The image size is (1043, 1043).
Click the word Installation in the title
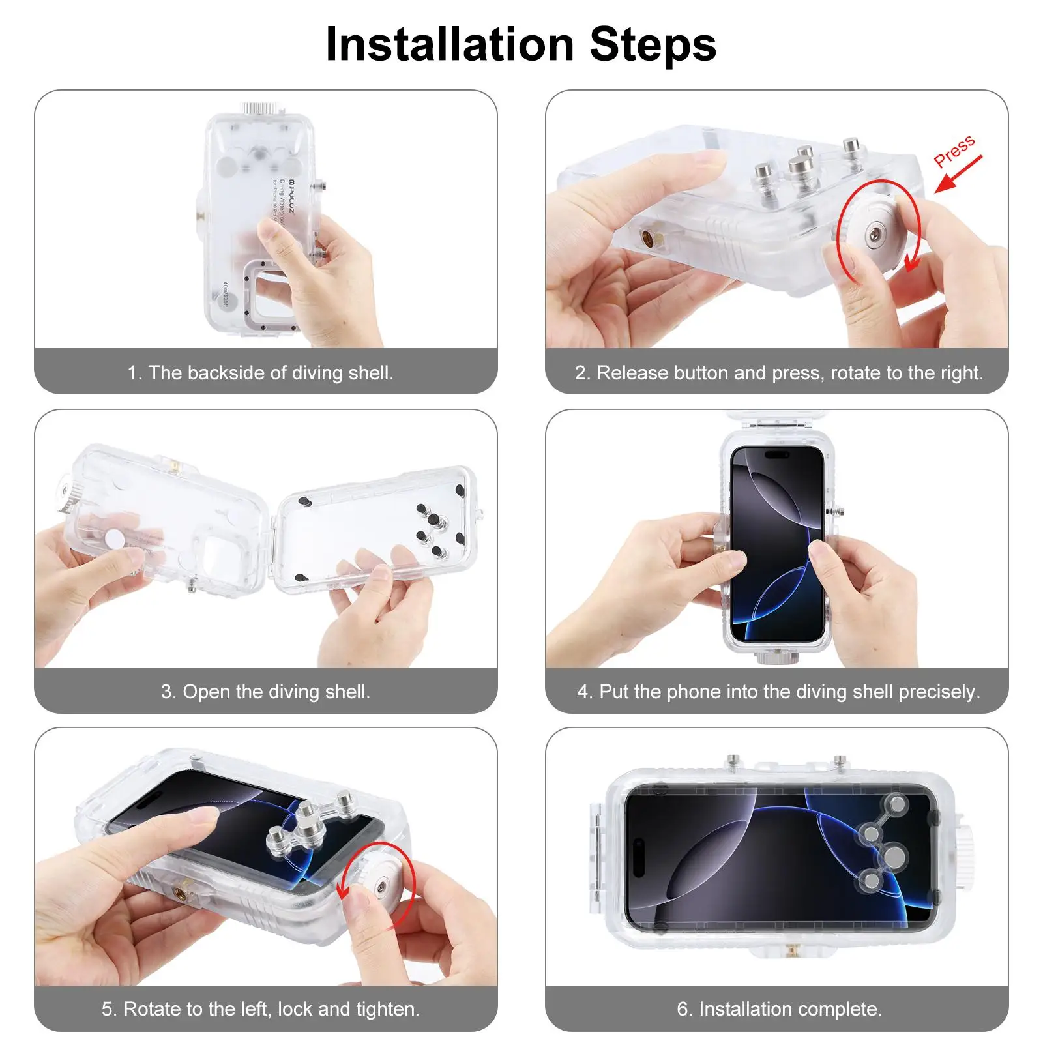click(450, 44)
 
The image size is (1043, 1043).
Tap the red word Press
click(954, 151)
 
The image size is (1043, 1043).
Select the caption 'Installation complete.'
click(779, 1009)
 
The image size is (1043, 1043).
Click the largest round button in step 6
click(894, 856)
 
